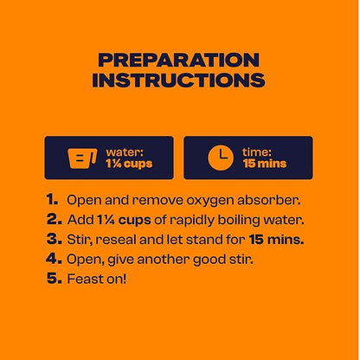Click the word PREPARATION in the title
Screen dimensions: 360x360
tap(179, 60)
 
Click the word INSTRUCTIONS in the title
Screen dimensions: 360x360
tap(178, 80)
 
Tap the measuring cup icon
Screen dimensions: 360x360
tap(82, 158)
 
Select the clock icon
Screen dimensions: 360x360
tap(221, 157)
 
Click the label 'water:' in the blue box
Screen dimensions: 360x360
tap(125, 152)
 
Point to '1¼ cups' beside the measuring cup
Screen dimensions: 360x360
tap(129, 164)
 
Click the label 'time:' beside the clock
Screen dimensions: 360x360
tap(257, 152)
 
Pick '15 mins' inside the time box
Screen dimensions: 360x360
tap(265, 164)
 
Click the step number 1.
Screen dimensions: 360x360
tap(52, 200)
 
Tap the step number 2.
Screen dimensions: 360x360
tap(55, 220)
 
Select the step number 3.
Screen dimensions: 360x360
tap(55, 239)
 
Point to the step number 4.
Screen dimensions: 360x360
tap(54, 259)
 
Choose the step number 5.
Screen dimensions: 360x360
tap(55, 279)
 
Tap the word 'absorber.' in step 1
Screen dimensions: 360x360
tap(269, 200)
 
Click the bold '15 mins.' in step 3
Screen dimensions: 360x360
tap(276, 240)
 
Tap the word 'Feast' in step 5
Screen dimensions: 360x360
tap(81, 279)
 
